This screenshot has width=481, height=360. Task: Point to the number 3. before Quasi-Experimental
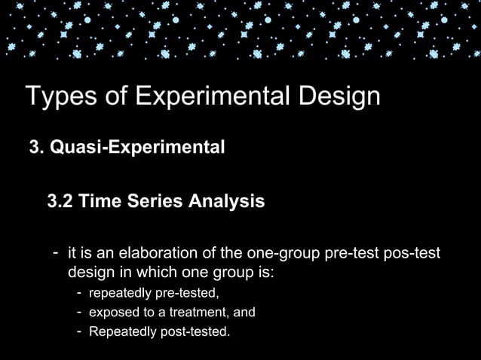click(36, 146)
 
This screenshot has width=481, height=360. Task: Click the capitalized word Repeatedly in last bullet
click(119, 331)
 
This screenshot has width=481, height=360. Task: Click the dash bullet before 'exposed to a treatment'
click(79, 312)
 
